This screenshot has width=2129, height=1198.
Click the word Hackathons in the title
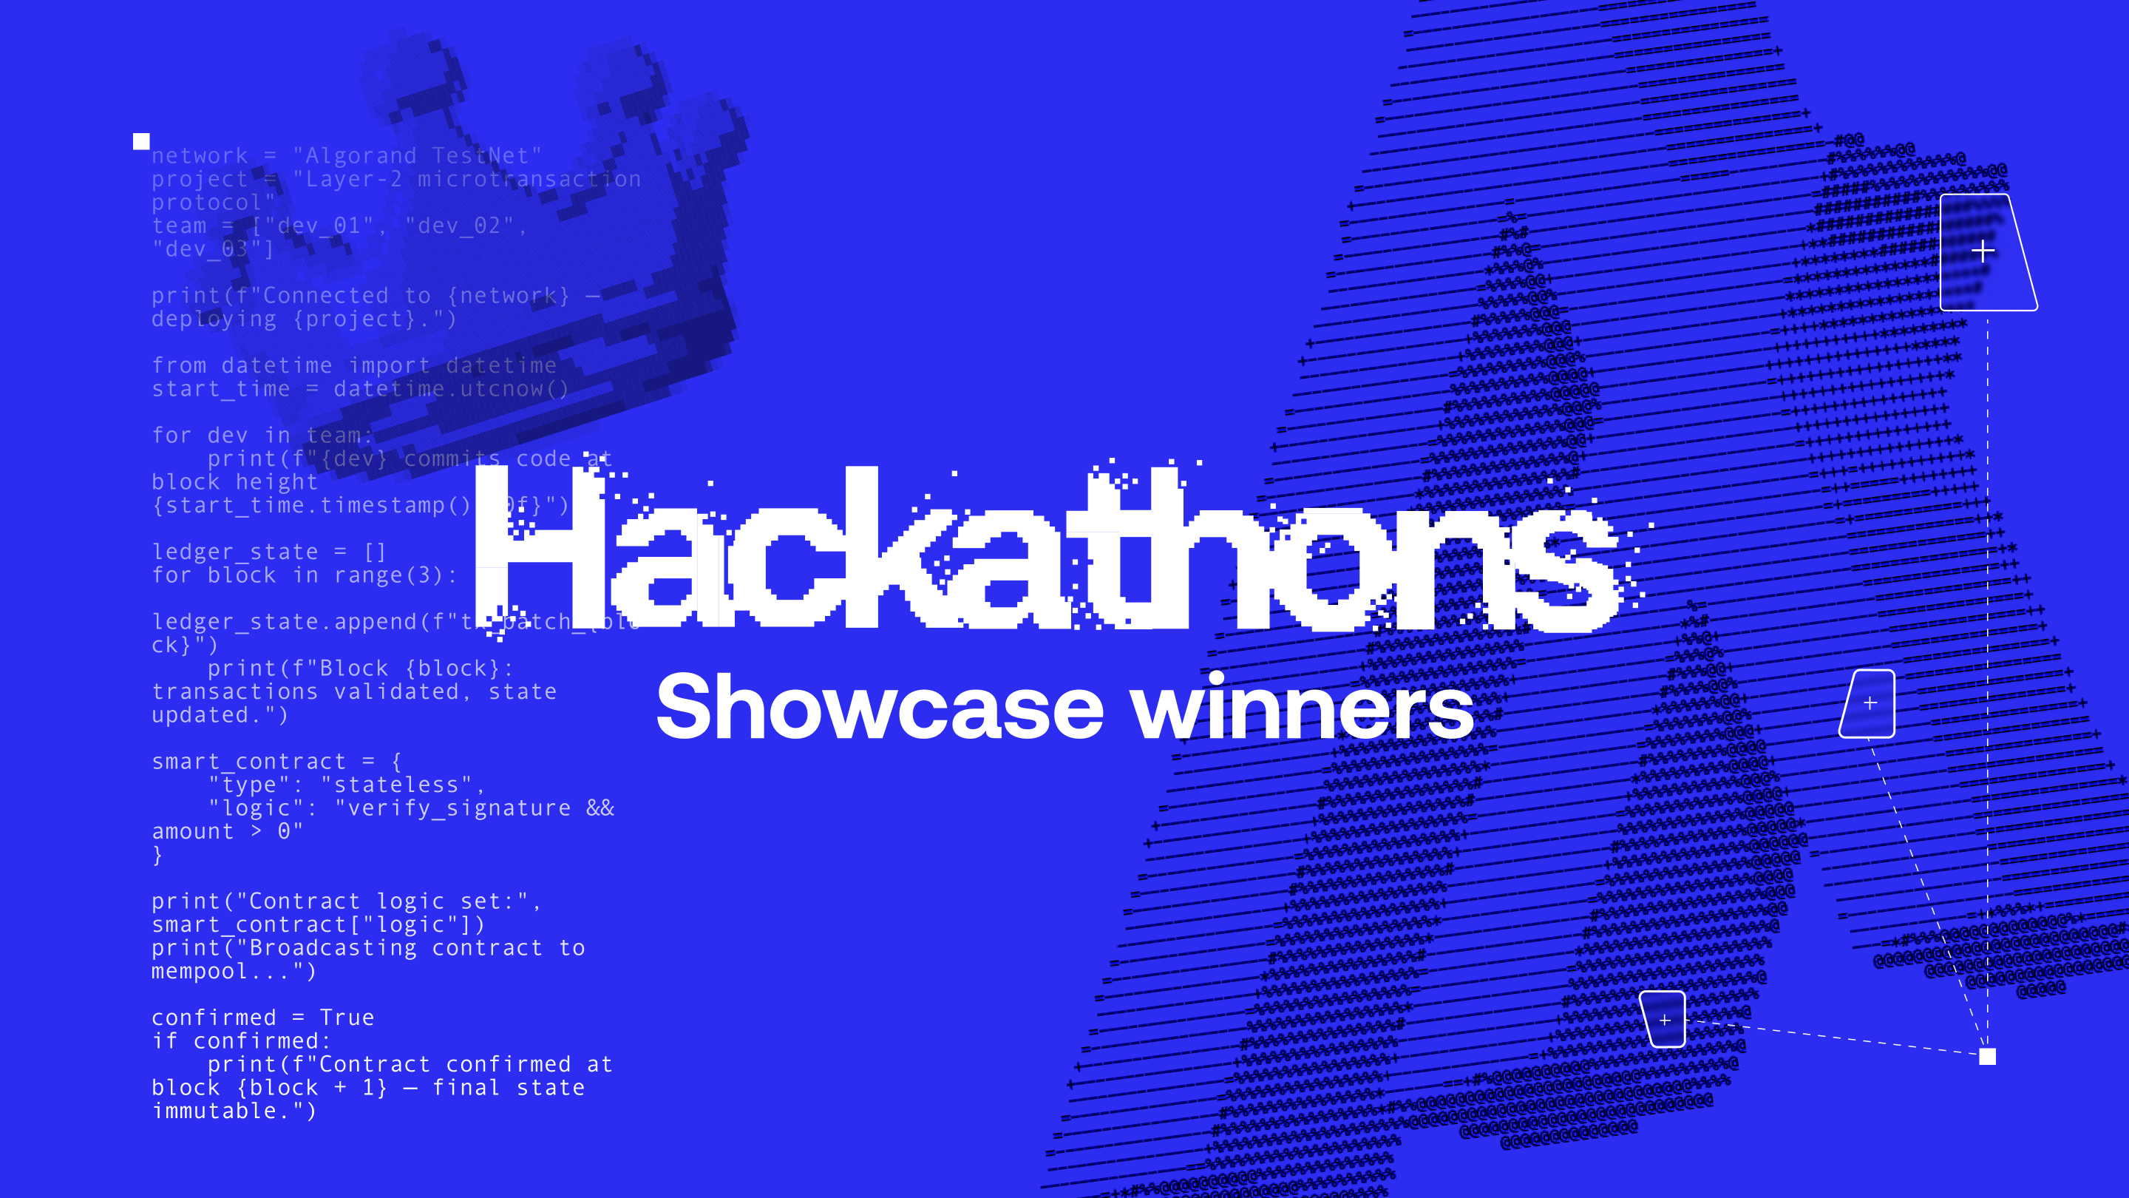tap(1045, 549)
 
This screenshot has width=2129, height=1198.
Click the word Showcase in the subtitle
tap(880, 708)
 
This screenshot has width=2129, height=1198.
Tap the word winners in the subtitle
tap(1303, 708)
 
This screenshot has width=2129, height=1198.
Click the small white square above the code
tap(141, 141)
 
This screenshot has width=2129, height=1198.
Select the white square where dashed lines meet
tap(1987, 1056)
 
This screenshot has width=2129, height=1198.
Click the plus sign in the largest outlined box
tap(1983, 251)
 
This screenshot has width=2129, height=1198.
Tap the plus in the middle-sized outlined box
tap(1870, 703)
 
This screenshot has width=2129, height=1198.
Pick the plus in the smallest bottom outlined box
tap(1665, 1020)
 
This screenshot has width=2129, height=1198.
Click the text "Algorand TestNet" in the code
tap(418, 155)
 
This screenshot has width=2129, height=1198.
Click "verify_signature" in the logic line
tap(458, 808)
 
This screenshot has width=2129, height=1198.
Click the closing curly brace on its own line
tap(157, 856)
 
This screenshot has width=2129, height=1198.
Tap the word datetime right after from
tap(277, 365)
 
